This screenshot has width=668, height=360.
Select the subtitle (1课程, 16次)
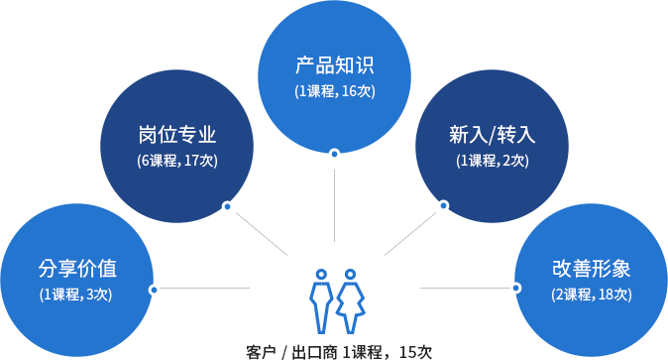[x=335, y=92]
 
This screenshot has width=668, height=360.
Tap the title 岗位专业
[x=177, y=135]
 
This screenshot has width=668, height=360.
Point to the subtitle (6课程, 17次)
[x=177, y=160]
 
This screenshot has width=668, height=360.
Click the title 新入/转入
[x=492, y=135]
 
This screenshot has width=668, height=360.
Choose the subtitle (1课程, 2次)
[x=492, y=160]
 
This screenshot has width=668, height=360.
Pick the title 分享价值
[x=77, y=268]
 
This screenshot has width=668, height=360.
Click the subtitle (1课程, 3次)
[x=77, y=294]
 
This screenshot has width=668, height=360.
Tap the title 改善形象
[x=591, y=268]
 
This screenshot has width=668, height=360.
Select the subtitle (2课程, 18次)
[x=591, y=294]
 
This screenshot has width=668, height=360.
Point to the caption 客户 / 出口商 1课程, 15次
[x=339, y=351]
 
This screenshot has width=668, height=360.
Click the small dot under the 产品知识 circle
[x=335, y=153]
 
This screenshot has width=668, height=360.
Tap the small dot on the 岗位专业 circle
[x=227, y=206]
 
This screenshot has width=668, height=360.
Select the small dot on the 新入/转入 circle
[x=443, y=205]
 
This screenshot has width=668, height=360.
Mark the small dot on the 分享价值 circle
[x=153, y=290]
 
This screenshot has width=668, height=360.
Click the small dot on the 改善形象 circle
[x=516, y=289]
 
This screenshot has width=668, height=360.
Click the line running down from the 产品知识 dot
[x=335, y=208]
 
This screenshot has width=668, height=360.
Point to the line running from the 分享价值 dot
[x=208, y=290]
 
